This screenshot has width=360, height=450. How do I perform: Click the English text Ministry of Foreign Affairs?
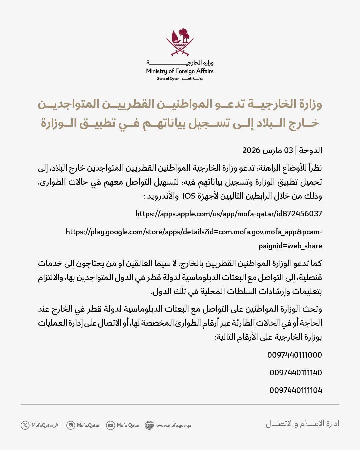click(180, 71)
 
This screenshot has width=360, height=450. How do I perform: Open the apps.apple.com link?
click(229, 214)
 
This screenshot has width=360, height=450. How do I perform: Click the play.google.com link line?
click(194, 232)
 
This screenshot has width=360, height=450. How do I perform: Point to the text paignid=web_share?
click(290, 246)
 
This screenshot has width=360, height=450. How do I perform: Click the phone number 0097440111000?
click(294, 355)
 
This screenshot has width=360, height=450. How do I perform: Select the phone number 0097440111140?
click(296, 373)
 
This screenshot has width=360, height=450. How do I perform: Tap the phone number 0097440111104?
click(296, 390)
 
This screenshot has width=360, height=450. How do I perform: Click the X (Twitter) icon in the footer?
click(25, 425)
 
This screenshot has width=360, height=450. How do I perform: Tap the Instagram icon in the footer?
click(70, 425)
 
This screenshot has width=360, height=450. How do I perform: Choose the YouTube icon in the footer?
click(110, 425)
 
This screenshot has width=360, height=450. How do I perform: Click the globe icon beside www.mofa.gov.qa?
click(149, 425)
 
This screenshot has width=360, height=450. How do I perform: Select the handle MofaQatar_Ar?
click(46, 425)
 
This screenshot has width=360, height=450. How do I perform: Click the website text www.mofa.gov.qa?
click(173, 425)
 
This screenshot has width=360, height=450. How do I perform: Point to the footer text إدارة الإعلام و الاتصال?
click(302, 424)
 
